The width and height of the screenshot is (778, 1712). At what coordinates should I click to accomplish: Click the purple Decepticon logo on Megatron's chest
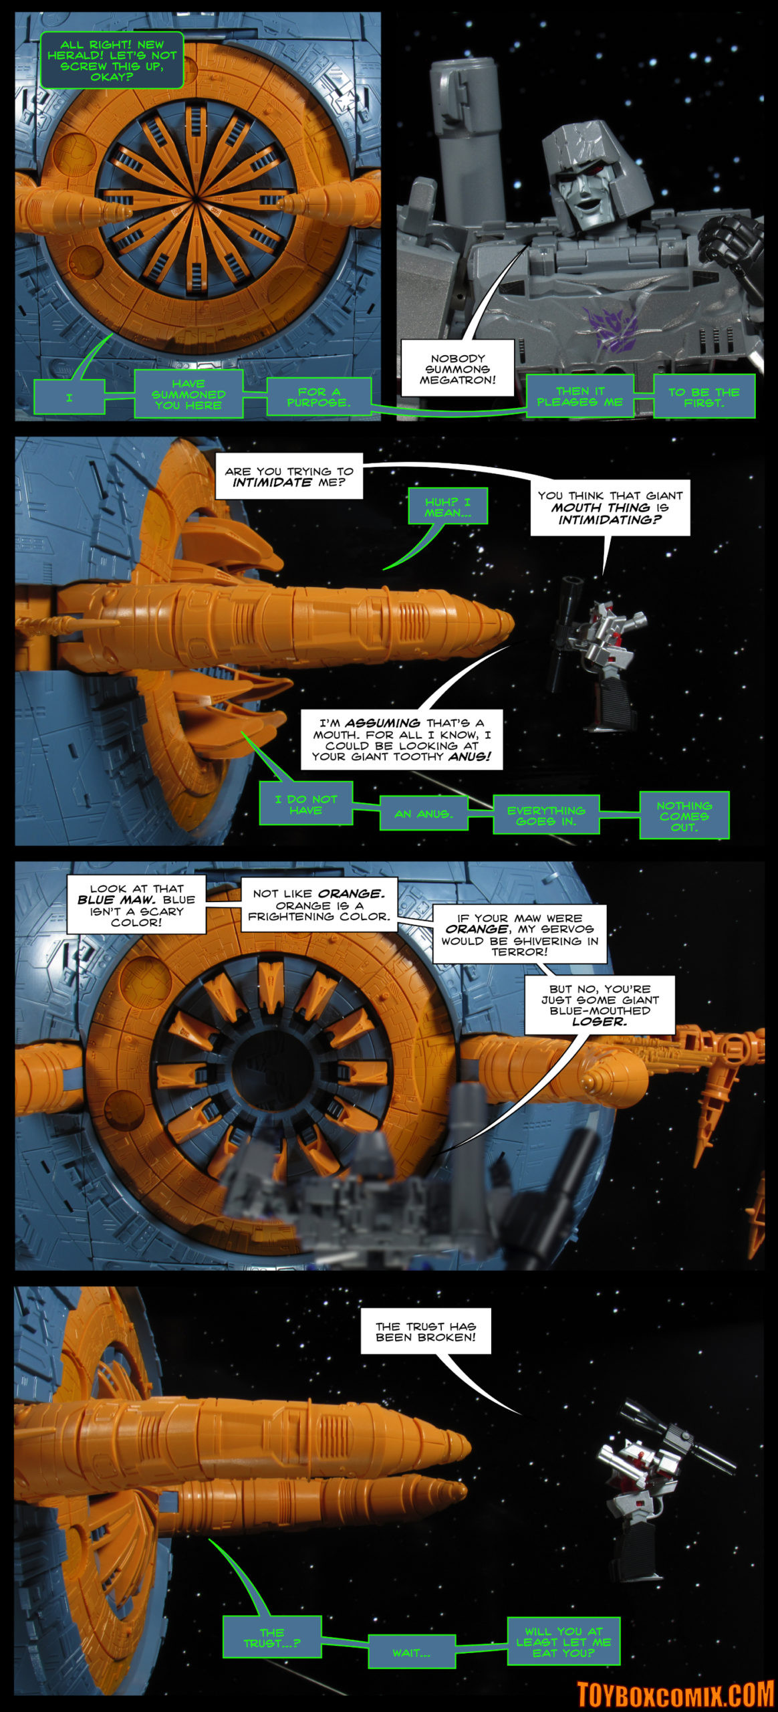click(610, 328)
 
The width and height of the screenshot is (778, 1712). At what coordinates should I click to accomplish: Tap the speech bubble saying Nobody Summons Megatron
click(458, 368)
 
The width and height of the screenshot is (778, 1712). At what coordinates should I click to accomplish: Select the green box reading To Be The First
click(704, 397)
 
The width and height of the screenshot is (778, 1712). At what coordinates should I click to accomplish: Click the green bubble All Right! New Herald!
click(112, 60)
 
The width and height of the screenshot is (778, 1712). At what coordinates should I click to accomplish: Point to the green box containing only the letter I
click(70, 397)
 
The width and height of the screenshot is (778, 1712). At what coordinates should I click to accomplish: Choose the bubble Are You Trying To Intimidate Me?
click(289, 476)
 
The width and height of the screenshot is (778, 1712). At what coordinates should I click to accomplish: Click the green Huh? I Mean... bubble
click(447, 506)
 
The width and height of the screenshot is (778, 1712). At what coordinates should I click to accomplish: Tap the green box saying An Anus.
click(424, 814)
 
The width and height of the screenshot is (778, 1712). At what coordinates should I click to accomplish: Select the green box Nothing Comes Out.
click(684, 816)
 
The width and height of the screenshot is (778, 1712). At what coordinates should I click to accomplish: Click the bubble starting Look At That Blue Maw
click(136, 905)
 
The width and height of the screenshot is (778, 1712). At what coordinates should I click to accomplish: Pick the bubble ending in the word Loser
click(600, 1004)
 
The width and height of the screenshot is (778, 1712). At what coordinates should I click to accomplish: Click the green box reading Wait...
click(412, 1651)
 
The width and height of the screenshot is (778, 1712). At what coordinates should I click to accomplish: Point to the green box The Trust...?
click(272, 1637)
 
